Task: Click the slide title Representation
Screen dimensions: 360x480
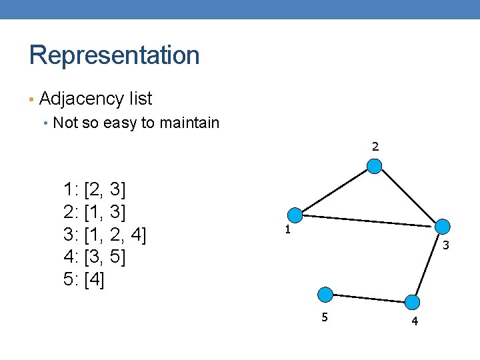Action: (x=114, y=55)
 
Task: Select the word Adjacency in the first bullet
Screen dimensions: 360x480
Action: (x=73, y=99)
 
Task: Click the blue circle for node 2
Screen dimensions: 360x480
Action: (x=375, y=166)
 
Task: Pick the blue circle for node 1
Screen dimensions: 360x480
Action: (x=295, y=215)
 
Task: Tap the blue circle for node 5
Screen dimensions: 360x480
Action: (x=325, y=294)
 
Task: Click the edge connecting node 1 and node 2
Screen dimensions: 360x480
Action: (x=335, y=191)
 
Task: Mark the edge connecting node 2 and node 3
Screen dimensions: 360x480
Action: (x=408, y=197)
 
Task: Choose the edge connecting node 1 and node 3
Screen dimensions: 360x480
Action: (x=368, y=221)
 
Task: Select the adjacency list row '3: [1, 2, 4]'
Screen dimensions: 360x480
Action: (x=105, y=235)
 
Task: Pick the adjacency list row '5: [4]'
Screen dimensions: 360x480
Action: (x=83, y=279)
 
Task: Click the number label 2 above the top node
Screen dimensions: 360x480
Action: (x=375, y=147)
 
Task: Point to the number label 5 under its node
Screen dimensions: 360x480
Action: (x=325, y=317)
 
